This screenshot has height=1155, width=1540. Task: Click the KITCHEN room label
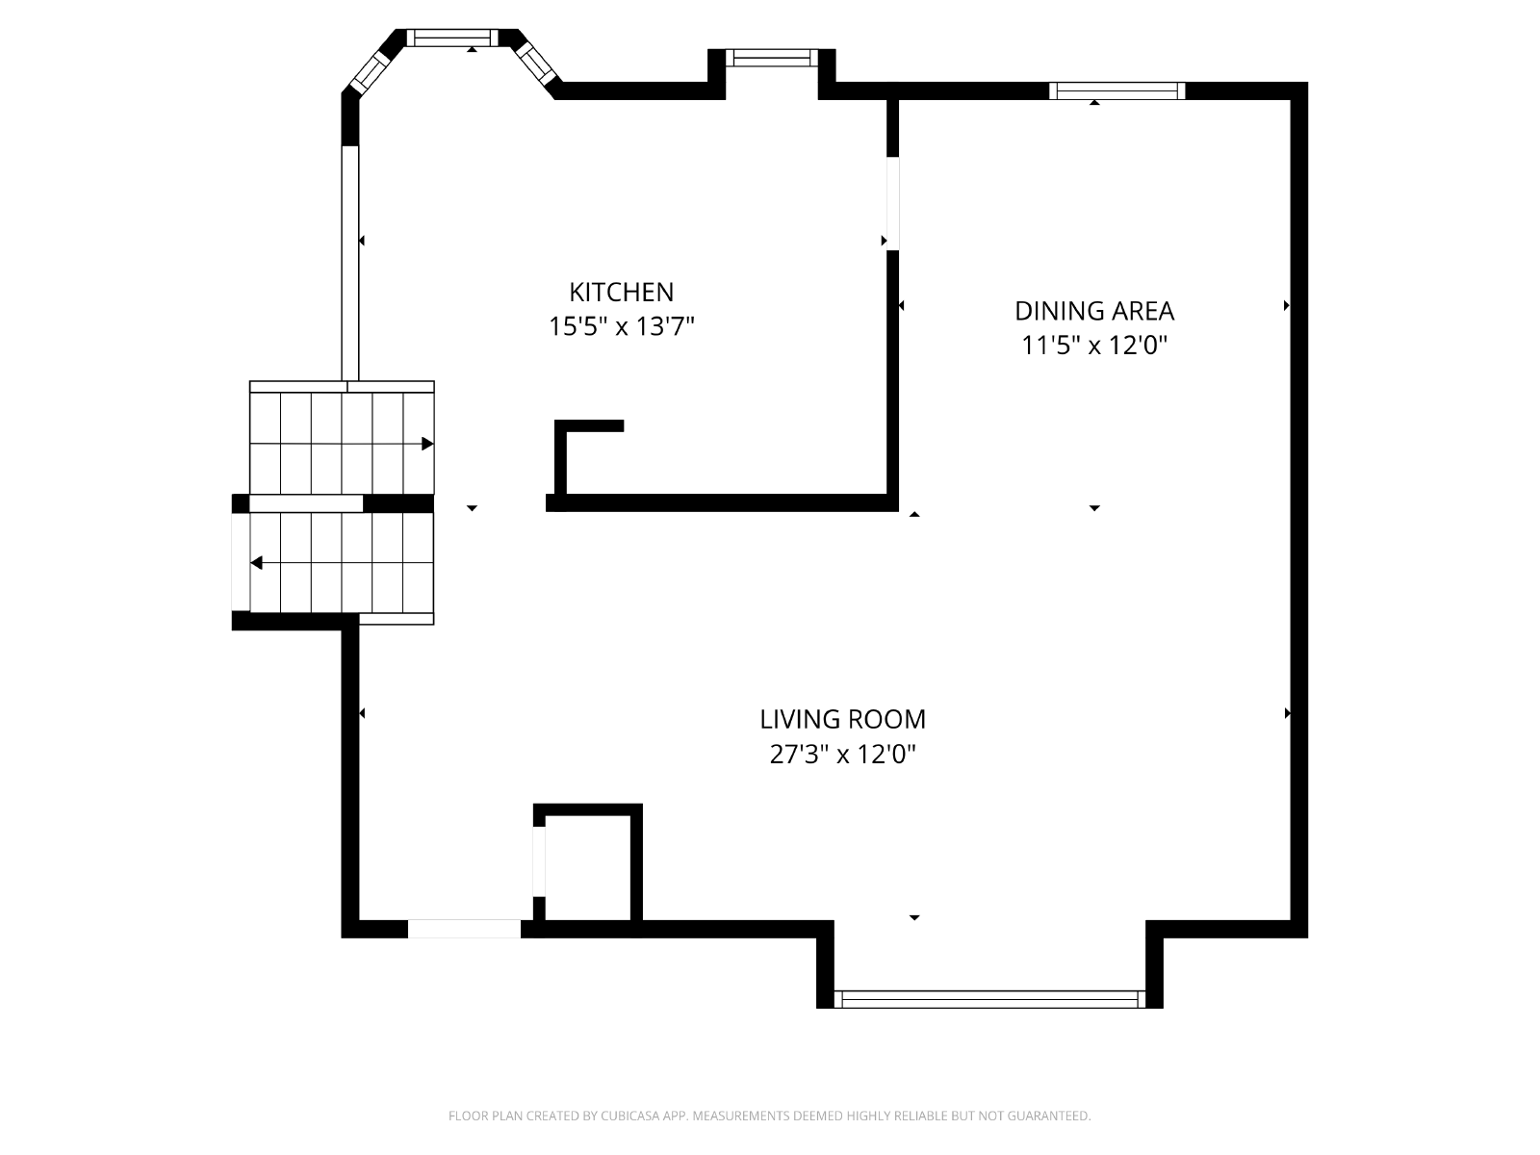coord(621,292)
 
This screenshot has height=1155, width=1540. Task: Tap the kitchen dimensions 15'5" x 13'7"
coord(621,326)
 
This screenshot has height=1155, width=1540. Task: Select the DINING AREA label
coord(1093,311)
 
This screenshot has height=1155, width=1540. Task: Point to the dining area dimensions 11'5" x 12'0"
coord(1093,345)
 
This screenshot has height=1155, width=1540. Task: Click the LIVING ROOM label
coord(842,720)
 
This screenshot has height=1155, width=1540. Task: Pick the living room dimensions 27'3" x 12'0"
coord(842,755)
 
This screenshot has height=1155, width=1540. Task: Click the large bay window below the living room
coord(989,999)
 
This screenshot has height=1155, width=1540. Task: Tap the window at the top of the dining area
coord(1116,91)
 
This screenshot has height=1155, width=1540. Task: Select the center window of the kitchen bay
coord(452,38)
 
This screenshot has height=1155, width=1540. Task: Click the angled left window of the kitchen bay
coord(370,73)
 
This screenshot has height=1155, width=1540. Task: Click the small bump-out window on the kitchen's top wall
coord(771,58)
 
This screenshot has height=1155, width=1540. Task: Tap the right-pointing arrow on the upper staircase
coord(426,444)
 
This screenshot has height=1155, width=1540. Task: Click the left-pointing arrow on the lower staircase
coord(257,562)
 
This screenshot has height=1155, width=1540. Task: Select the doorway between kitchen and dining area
coord(892,203)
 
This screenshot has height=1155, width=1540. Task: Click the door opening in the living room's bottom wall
coord(465,929)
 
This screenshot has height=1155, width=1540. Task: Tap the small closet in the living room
coord(588,867)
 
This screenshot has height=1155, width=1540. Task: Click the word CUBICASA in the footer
coord(630,1115)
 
